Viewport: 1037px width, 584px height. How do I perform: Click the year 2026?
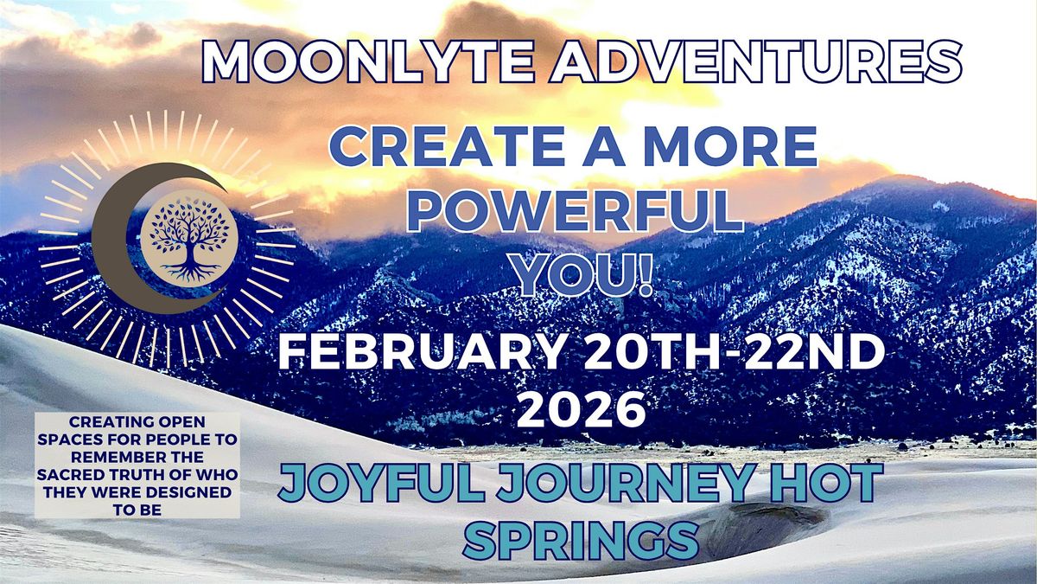(582, 409)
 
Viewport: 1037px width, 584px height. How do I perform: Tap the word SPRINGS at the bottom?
(581, 540)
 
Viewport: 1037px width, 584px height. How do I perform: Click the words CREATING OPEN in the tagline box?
(137, 422)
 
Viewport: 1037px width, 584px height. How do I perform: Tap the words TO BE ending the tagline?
(137, 510)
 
